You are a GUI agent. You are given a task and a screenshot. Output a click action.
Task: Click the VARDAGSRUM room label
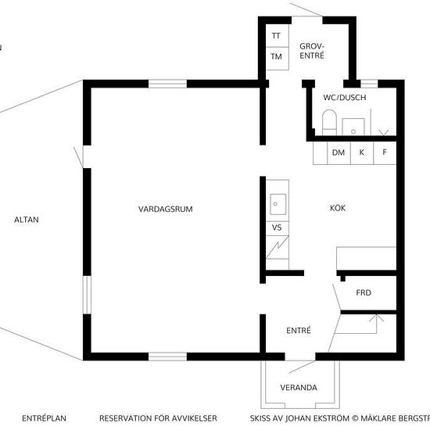click(x=166, y=209)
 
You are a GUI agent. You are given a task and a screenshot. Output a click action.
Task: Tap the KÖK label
click(x=338, y=208)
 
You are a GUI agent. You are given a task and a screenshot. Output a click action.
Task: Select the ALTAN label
click(x=27, y=220)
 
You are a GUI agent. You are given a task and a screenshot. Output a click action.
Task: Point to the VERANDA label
click(x=299, y=387)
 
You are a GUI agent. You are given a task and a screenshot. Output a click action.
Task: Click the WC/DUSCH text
click(x=345, y=98)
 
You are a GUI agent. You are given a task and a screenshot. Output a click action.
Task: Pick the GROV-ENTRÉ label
click(x=312, y=51)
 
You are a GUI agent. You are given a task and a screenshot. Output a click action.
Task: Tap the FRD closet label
click(x=364, y=292)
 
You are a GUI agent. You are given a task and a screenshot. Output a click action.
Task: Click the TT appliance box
click(x=278, y=36)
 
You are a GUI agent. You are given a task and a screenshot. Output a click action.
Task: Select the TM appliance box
click(x=278, y=59)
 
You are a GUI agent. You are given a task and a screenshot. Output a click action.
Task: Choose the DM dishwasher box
click(x=339, y=153)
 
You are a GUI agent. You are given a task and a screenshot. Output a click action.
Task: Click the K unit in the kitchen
click(x=362, y=153)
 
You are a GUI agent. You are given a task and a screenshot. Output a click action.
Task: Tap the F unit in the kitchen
click(x=385, y=153)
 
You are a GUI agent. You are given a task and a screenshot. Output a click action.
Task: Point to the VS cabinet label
click(x=277, y=228)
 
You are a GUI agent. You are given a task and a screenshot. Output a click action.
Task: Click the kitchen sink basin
click(x=278, y=204)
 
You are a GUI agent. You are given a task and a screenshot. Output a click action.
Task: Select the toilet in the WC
click(x=329, y=122)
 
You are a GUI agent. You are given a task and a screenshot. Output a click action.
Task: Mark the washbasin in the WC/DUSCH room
click(x=353, y=127)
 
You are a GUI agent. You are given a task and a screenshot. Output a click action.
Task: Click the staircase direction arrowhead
click(x=377, y=318)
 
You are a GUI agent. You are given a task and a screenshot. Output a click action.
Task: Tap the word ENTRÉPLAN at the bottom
click(x=44, y=418)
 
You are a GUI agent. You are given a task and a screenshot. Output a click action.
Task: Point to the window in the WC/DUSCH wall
click(x=369, y=84)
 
